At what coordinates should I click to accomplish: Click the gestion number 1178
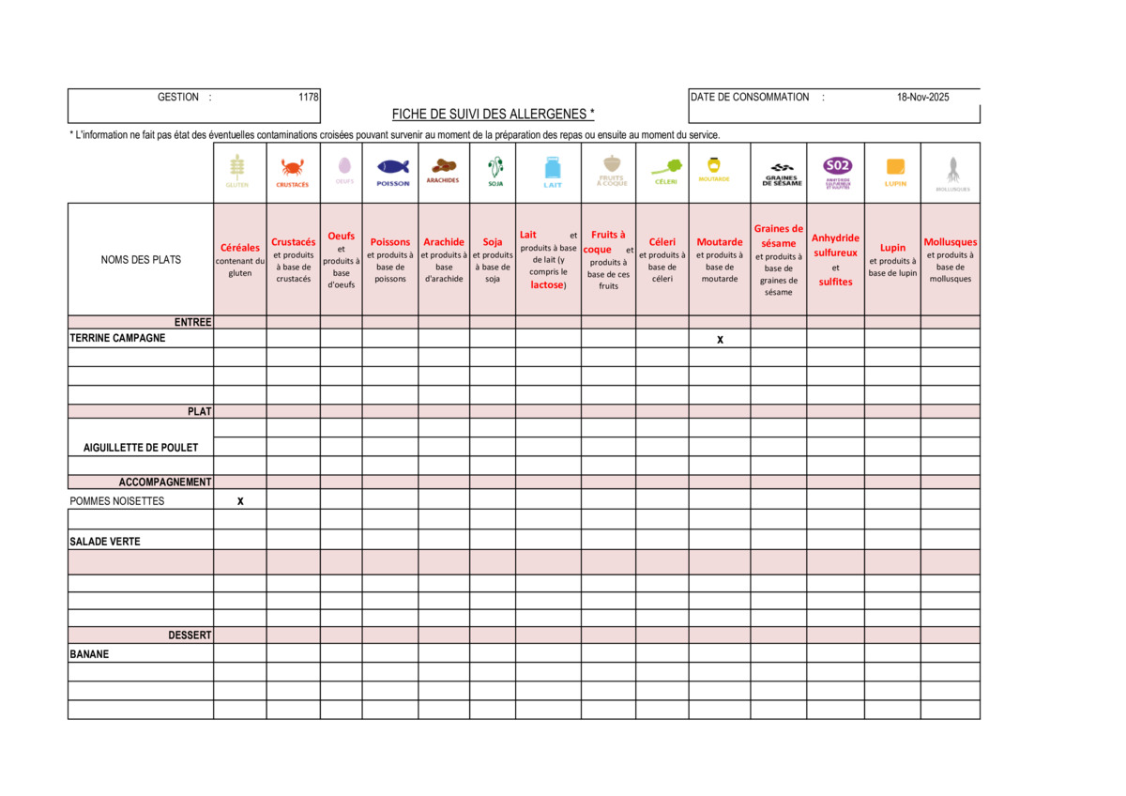[308, 97]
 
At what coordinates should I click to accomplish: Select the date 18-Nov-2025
[922, 97]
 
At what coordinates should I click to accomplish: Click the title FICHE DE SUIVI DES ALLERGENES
[493, 115]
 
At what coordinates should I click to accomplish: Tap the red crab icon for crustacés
[293, 168]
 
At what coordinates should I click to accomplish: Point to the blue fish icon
[392, 167]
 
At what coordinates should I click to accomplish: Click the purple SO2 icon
[835, 166]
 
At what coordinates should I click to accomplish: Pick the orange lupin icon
[895, 167]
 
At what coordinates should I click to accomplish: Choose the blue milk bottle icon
[552, 168]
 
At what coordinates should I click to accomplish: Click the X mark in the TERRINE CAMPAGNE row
[720, 339]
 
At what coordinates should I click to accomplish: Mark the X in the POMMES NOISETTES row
[240, 501]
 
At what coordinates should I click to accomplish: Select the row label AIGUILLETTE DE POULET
[141, 448]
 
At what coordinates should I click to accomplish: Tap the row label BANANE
[89, 654]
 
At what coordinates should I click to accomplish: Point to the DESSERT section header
[190, 635]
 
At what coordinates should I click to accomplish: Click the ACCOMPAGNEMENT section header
[165, 482]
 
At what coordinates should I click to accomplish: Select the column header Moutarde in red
[720, 242]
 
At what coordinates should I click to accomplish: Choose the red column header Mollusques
[950, 242]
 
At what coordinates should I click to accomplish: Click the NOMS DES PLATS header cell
[141, 260]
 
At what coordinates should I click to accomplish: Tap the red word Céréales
[240, 248]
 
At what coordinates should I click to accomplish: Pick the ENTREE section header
[192, 322]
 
